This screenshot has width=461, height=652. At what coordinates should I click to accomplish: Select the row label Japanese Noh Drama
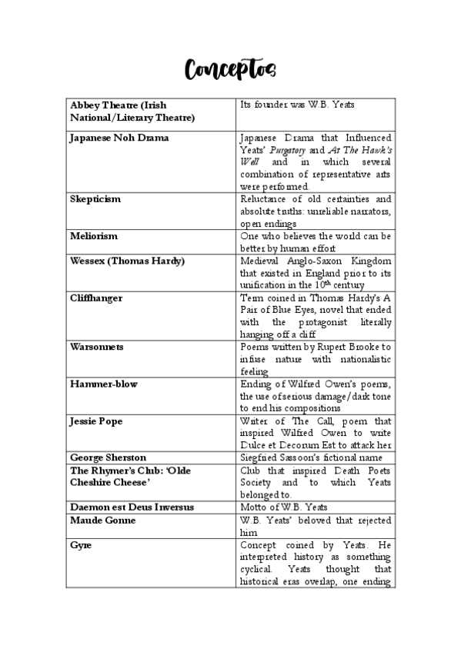pos(119,138)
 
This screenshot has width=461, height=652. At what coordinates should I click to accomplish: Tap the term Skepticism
pos(95,199)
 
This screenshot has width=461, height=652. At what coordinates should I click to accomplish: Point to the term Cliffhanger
pos(96,298)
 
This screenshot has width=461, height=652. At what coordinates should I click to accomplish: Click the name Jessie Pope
pos(96,421)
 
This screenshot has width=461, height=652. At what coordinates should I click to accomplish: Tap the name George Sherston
pos(108,457)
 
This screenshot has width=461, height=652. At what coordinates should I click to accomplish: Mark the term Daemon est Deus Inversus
pos(132,507)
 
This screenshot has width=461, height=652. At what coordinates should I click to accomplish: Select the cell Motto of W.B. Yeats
pos(285,507)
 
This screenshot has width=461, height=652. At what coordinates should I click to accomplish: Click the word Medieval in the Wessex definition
pos(262,261)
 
